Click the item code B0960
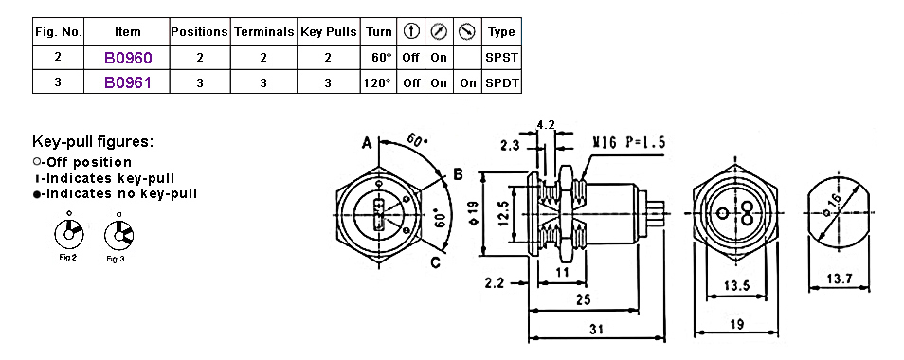click(128, 58)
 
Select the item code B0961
click(128, 82)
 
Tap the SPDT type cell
click(501, 82)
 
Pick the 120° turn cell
click(377, 82)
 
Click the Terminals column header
click(263, 32)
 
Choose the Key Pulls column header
click(329, 32)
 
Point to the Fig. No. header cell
click(58, 32)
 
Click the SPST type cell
click(501, 58)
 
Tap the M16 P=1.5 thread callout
click(630, 141)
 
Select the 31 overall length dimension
click(596, 329)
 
